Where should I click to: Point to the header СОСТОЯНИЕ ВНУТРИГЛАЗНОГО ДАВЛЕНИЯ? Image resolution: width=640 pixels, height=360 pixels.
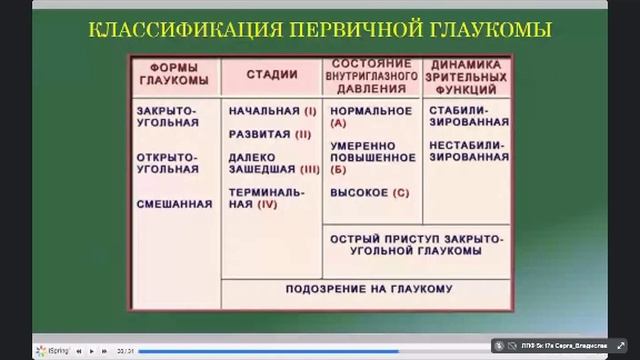(371, 74)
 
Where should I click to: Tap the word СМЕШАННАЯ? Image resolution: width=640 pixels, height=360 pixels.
(176, 204)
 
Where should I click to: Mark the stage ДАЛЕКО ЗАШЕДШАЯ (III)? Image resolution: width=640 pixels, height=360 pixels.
(270, 163)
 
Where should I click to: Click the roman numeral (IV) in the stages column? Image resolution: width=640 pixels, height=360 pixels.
(266, 204)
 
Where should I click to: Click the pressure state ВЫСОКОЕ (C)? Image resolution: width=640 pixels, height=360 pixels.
(370, 192)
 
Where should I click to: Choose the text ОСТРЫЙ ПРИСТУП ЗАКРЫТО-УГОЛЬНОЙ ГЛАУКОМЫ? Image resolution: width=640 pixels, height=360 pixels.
(416, 246)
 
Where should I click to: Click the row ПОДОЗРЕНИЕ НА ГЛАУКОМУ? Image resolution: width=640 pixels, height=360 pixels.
(368, 289)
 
